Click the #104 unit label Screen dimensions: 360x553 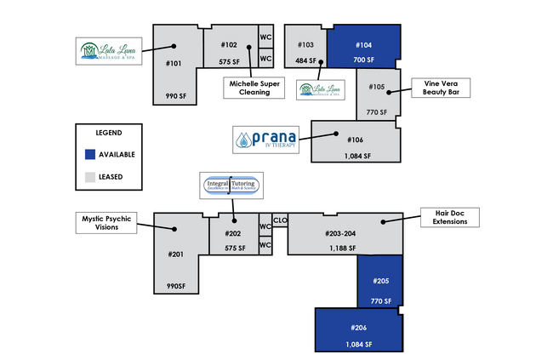pyautogui.click(x=363, y=44)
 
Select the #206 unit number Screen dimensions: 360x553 pyautogui.click(x=358, y=328)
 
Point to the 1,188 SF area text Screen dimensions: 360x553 pyautogui.click(x=343, y=248)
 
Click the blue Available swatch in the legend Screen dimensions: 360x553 pyautogui.click(x=90, y=154)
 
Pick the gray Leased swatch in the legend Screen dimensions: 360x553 pyautogui.click(x=90, y=177)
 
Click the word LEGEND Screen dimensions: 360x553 pyautogui.click(x=108, y=133)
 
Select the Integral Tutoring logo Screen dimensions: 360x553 pyautogui.click(x=231, y=184)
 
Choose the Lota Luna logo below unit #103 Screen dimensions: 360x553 pyautogui.click(x=320, y=89)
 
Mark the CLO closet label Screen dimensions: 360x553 pyautogui.click(x=280, y=221)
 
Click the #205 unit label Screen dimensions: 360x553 pyautogui.click(x=380, y=281)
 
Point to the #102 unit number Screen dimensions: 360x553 pyautogui.click(x=229, y=44)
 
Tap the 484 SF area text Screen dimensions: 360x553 pyautogui.click(x=305, y=61)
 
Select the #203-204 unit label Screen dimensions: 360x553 pyautogui.click(x=340, y=233)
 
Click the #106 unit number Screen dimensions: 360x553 pyautogui.click(x=355, y=140)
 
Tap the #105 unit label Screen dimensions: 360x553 pyautogui.click(x=377, y=87)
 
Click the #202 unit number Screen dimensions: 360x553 pyautogui.click(x=232, y=233)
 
